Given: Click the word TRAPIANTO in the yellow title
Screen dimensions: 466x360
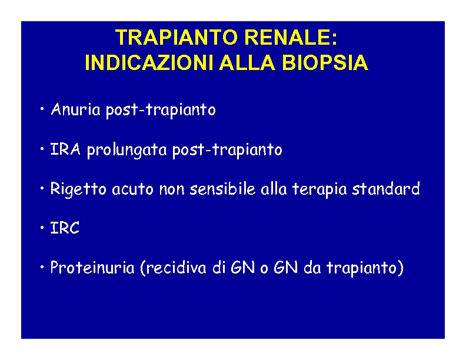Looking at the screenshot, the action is (177, 37).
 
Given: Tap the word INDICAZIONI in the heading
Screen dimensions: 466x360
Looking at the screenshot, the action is (149, 62).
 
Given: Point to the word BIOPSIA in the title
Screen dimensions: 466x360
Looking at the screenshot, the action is (325, 62).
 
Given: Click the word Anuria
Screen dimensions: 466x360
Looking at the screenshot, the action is (75, 109).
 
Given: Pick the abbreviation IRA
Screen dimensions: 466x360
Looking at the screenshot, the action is (65, 149).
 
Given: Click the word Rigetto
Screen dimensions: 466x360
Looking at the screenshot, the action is (78, 189).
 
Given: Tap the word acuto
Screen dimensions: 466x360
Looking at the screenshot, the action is (132, 189).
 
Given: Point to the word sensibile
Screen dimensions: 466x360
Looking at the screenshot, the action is (222, 188).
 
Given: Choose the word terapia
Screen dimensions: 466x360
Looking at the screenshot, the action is (319, 189).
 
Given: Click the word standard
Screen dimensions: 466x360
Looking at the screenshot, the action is (386, 188).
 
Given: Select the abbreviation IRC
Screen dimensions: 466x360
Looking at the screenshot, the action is (65, 228).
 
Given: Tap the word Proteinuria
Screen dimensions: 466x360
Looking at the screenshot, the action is (92, 267).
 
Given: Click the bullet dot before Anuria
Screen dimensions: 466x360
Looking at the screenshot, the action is (42, 109).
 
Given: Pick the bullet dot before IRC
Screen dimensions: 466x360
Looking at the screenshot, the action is (42, 228).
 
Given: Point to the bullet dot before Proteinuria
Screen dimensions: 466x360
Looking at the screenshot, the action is (42, 267).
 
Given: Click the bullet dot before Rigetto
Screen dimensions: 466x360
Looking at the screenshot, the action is (42, 188).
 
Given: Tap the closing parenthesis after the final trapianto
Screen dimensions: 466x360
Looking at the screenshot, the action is (400, 268).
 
